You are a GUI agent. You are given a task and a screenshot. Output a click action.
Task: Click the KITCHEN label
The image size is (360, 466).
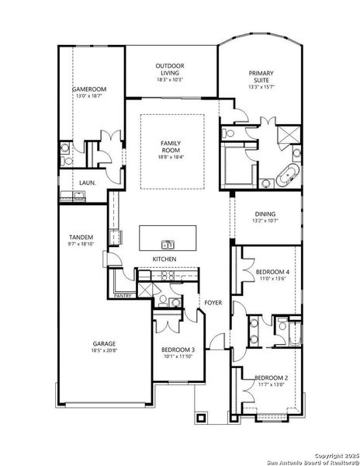(x=164, y=259)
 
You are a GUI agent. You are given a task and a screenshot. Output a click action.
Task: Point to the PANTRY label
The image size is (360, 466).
(x=123, y=296)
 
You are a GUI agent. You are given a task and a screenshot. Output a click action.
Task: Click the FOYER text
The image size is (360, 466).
(x=213, y=302)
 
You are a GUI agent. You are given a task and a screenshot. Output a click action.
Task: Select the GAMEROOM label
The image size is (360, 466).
(x=89, y=89)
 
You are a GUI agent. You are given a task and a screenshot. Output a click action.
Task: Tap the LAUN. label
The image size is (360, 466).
(x=88, y=183)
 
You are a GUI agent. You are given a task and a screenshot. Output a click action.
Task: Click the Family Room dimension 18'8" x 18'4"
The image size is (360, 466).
(x=171, y=158)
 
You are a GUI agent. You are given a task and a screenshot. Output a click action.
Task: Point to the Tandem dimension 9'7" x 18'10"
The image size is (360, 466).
(x=81, y=243)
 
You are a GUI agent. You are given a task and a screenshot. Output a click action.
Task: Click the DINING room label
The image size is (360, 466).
(x=265, y=214)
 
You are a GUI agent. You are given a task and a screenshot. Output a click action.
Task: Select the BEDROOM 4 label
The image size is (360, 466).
(x=272, y=271)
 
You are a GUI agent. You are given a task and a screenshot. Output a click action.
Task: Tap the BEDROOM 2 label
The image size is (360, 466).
(x=272, y=377)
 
